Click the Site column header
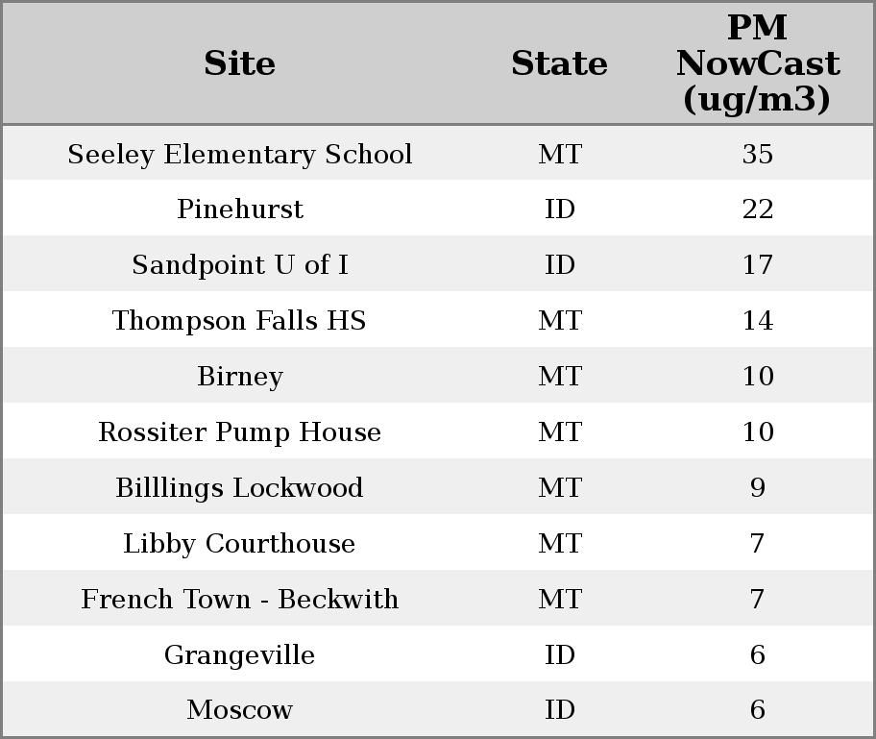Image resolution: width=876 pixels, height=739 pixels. [x=240, y=63]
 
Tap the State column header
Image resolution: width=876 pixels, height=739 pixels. [x=559, y=63]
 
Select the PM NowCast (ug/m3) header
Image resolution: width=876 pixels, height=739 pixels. [x=757, y=63]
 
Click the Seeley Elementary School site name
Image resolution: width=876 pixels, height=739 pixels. [x=240, y=155]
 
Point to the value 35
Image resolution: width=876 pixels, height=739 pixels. [x=757, y=155]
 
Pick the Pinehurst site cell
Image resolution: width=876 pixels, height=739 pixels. [x=240, y=209]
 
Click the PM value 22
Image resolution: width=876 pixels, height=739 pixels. [x=757, y=209]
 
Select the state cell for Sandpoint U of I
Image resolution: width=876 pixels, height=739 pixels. [x=559, y=265]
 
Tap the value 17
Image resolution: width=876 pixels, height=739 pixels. [x=757, y=265]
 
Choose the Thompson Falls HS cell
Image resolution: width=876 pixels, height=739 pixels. [x=240, y=321]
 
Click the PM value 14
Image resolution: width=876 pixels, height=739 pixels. [x=757, y=321]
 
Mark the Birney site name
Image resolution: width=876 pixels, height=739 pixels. [x=240, y=377]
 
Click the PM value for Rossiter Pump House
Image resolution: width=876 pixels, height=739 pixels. [x=757, y=432]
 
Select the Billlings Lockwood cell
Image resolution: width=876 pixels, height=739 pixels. [x=240, y=488]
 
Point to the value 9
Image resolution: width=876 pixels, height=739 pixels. [x=757, y=488]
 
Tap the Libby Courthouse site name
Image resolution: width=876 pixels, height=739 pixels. [x=240, y=544]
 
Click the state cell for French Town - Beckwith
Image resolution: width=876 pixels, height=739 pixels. [x=559, y=600]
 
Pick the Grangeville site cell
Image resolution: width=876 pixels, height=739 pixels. [x=240, y=655]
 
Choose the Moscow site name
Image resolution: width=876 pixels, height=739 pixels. [x=240, y=710]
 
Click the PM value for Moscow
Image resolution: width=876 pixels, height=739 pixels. [x=757, y=710]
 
